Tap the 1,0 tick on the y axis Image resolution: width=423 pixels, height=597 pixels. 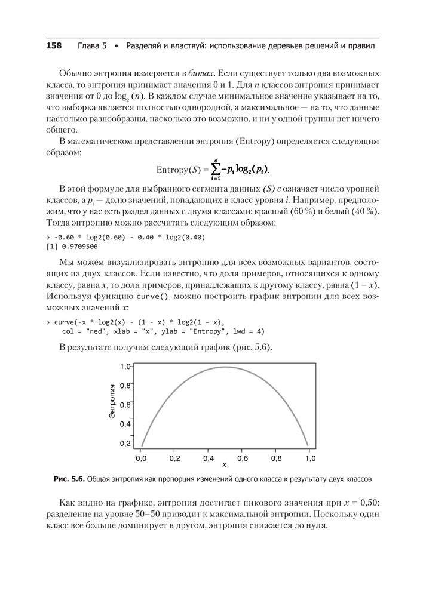tap(124, 367)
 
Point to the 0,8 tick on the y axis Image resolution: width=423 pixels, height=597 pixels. tap(124, 386)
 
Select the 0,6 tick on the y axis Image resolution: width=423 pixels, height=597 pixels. tap(124, 405)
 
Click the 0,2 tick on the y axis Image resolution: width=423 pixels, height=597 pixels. tap(124, 444)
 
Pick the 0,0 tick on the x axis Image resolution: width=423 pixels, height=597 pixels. tap(141, 458)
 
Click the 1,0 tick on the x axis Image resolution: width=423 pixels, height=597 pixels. tap(309, 458)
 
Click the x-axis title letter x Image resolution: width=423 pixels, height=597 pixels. tap(225, 464)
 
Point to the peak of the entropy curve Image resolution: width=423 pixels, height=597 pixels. tap(225, 367)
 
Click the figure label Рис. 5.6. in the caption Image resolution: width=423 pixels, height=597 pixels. tap(69, 479)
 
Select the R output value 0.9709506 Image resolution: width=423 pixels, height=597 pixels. tap(81, 246)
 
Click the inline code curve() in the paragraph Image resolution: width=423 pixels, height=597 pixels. tap(152, 297)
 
